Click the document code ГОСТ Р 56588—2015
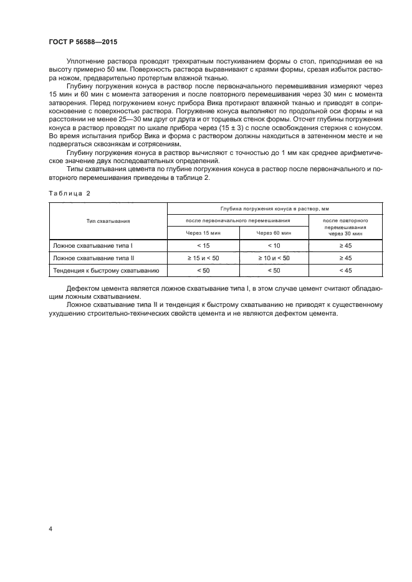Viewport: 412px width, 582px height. (x=82, y=42)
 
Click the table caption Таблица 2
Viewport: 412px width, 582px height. (x=69, y=194)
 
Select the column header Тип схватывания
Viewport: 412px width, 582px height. (x=108, y=220)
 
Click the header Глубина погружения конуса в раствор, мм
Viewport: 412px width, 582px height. (x=275, y=209)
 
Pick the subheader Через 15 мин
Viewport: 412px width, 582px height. (x=203, y=232)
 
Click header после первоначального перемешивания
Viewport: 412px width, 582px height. (x=239, y=220)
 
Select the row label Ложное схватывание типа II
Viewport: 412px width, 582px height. (x=90, y=258)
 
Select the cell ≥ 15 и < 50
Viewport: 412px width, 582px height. (x=203, y=258)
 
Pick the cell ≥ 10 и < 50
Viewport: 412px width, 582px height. (x=274, y=258)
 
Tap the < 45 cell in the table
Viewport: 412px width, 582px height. (x=345, y=270)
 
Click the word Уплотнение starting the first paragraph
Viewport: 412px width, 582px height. (x=85, y=62)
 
